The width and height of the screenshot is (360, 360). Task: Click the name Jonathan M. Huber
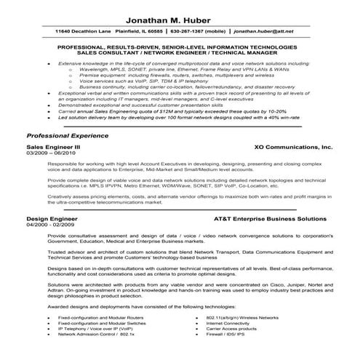click(180, 20)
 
